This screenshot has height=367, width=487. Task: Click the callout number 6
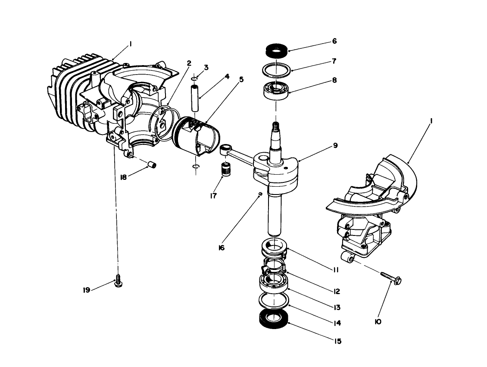tap(334, 41)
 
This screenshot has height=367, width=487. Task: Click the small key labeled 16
tap(261, 194)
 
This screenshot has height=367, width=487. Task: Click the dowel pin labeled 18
tap(152, 165)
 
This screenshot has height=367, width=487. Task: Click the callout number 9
tap(335, 146)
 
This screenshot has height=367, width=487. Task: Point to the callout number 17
tap(212, 196)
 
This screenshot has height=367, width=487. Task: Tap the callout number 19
tap(87, 290)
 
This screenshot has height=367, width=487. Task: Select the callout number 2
tap(189, 63)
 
